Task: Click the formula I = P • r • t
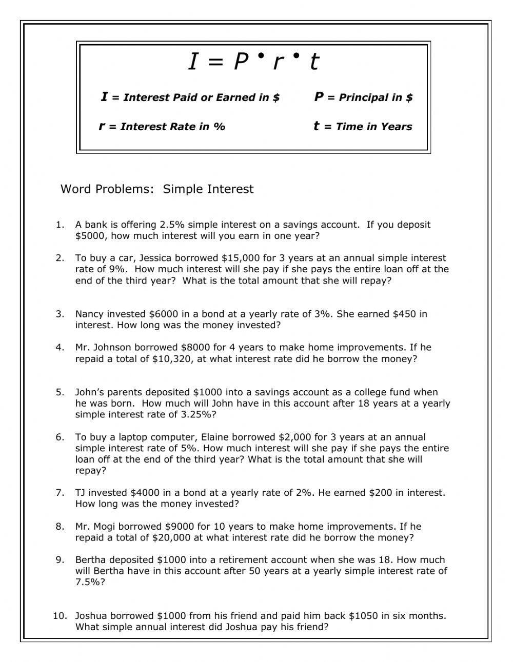(x=253, y=62)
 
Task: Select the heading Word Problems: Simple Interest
(x=157, y=189)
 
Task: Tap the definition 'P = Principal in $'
(x=363, y=97)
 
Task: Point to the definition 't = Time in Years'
(x=363, y=127)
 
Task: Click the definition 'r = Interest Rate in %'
(x=162, y=127)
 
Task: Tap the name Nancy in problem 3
(x=89, y=314)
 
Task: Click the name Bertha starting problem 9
(x=91, y=560)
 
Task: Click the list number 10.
(x=60, y=616)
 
